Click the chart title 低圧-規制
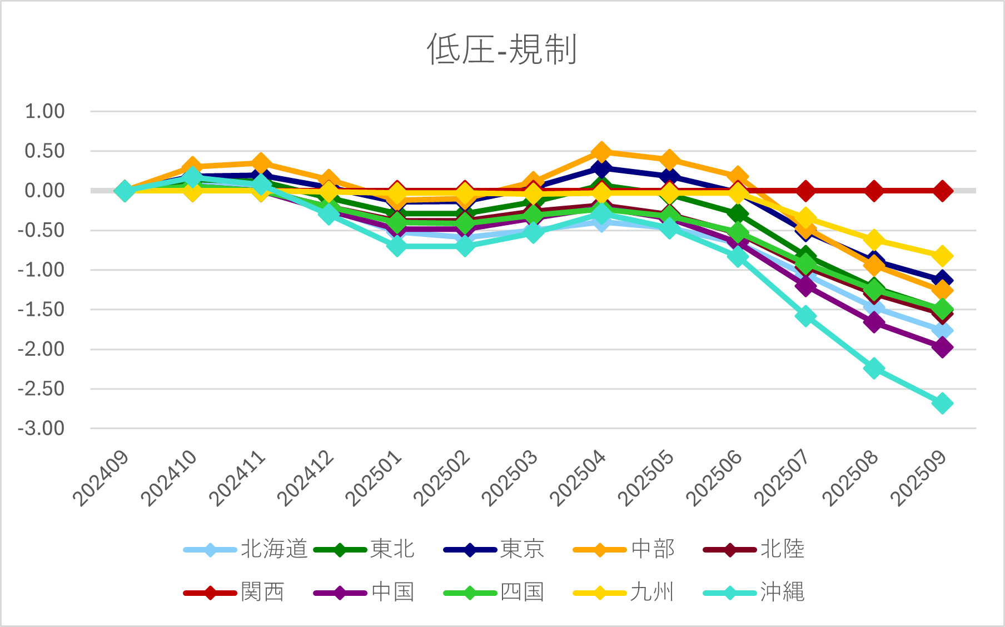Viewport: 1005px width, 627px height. [502, 49]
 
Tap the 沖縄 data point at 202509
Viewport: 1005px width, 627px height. [942, 403]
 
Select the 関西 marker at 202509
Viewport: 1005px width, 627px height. [942, 191]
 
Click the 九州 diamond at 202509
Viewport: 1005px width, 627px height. [942, 256]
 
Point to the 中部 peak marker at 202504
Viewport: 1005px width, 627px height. [601, 152]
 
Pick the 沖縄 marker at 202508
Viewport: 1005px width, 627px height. [874, 368]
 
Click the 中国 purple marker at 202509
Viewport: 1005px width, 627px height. [942, 347]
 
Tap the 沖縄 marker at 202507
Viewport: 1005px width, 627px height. [805, 316]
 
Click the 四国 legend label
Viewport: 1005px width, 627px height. [521, 592]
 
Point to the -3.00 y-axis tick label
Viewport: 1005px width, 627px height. [42, 429]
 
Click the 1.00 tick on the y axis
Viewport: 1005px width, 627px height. [44, 111]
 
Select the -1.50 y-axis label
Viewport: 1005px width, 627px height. [42, 310]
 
